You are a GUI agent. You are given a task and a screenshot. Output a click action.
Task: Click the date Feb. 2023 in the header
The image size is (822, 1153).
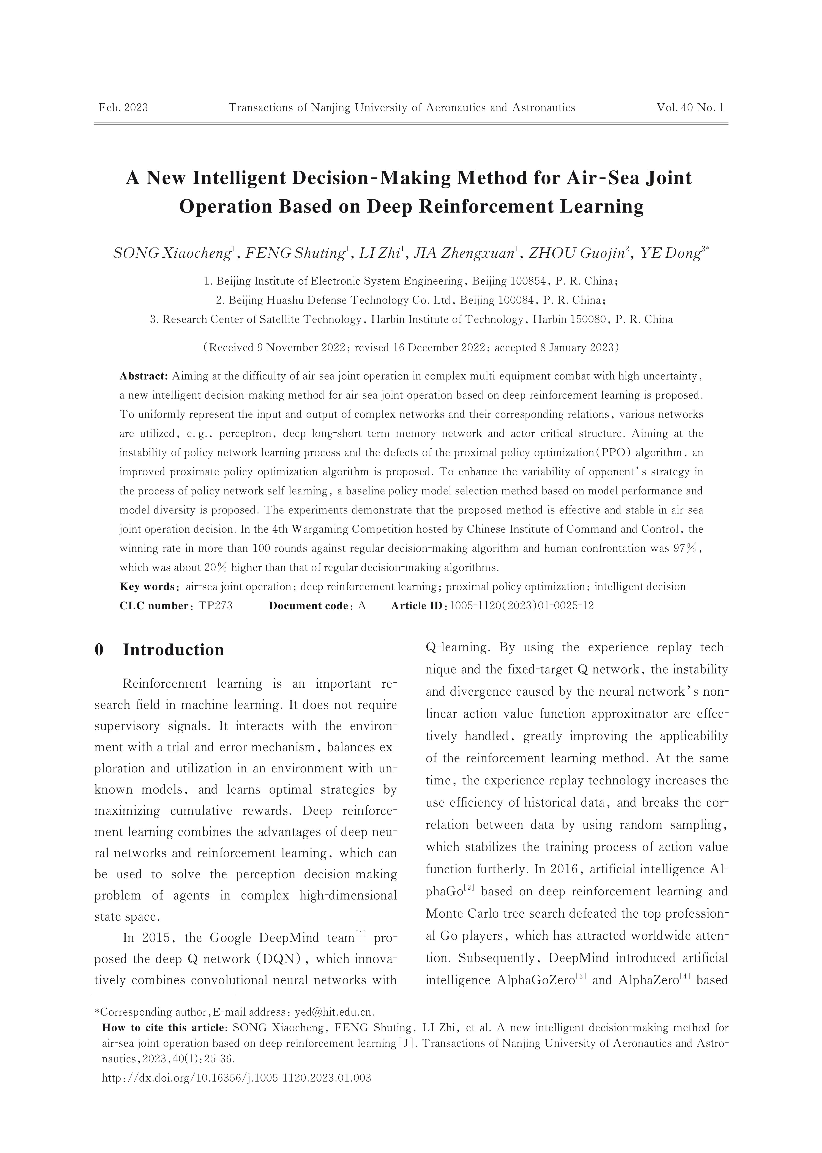[123, 108]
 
